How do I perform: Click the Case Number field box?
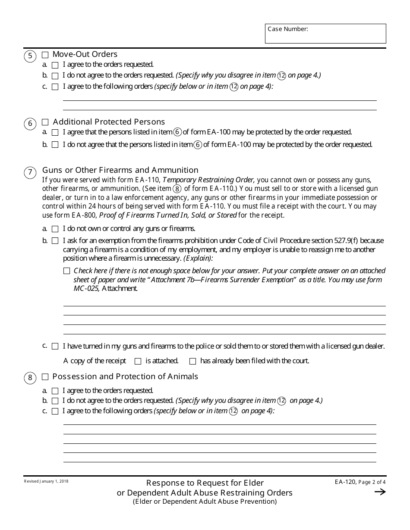(325, 34)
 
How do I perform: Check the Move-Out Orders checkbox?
(45, 55)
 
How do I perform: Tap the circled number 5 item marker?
(30, 56)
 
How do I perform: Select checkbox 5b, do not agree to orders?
(55, 76)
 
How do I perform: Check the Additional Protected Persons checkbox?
(45, 122)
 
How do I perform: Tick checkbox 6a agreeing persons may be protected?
(55, 132)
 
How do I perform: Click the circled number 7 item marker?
(30, 173)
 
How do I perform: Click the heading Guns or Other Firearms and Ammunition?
(120, 170)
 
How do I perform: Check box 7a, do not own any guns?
(55, 229)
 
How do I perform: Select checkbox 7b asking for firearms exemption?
(55, 241)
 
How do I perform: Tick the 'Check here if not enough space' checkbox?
(66, 271)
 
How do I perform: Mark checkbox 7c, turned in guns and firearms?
(55, 346)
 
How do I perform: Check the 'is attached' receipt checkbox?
(138, 361)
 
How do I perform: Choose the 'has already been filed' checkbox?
(192, 361)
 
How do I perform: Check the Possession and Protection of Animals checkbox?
(45, 377)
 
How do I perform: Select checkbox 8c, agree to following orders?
(55, 412)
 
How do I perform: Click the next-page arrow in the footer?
(380, 492)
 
